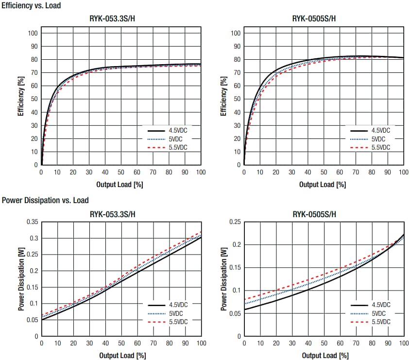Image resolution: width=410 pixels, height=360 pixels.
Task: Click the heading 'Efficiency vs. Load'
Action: (x=32, y=6)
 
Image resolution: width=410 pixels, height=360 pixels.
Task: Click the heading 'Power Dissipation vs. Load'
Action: (x=45, y=200)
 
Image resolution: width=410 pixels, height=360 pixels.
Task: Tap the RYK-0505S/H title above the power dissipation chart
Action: (x=314, y=214)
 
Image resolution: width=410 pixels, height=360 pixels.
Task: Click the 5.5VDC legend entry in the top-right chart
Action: (x=380, y=147)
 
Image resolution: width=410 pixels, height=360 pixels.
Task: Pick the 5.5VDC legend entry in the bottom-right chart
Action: (x=380, y=322)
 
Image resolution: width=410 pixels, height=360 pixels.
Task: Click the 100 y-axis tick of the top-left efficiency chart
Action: (x=33, y=34)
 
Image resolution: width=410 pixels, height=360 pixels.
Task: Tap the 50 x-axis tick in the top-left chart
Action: (x=121, y=172)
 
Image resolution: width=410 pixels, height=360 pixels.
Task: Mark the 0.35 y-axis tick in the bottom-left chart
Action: (x=32, y=222)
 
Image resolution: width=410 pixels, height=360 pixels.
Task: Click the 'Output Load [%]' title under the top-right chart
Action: (x=323, y=185)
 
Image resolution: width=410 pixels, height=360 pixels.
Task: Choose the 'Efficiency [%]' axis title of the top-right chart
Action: (x=223, y=95)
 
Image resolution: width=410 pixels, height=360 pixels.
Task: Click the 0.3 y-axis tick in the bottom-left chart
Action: (x=34, y=238)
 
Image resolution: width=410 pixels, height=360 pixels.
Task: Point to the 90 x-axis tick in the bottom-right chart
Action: (x=387, y=343)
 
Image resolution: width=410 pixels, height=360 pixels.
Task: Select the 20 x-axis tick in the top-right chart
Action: (x=275, y=172)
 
